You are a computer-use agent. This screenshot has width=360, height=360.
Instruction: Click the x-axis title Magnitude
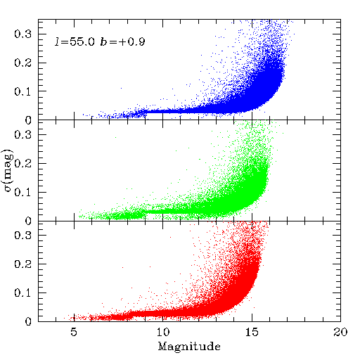[x=189, y=347]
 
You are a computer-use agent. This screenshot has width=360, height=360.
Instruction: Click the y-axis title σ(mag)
[x=8, y=170]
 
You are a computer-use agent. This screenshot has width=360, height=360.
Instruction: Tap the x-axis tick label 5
[x=74, y=332]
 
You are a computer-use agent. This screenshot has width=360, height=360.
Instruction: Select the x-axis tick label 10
[x=163, y=332]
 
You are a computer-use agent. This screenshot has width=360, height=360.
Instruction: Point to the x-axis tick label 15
[x=252, y=332]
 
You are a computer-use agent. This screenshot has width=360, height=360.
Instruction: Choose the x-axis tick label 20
[x=340, y=332]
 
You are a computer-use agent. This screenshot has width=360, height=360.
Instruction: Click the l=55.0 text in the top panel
[x=75, y=41]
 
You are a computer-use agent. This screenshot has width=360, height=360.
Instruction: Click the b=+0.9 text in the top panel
[x=123, y=41]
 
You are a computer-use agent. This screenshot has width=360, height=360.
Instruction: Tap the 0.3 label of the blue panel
[x=22, y=34]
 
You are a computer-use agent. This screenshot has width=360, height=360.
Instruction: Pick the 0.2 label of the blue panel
[x=22, y=63]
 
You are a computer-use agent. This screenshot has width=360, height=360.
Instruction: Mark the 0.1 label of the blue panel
[x=22, y=91]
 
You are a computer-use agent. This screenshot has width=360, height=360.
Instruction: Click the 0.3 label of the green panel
[x=22, y=134]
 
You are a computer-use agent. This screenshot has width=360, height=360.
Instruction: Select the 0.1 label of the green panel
[x=22, y=193]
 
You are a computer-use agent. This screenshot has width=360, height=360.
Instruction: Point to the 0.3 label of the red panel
[x=22, y=235]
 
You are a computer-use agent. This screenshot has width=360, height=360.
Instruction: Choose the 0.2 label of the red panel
[x=22, y=264]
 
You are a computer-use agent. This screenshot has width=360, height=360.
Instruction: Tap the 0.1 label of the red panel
[x=22, y=292]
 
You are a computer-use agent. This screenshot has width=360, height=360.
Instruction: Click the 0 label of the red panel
[x=28, y=321]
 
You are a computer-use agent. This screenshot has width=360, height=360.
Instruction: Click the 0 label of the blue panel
[x=28, y=120]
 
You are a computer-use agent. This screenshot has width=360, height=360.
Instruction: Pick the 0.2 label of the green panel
[x=22, y=163]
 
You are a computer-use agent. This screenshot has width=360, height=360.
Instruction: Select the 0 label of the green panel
[x=28, y=221]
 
